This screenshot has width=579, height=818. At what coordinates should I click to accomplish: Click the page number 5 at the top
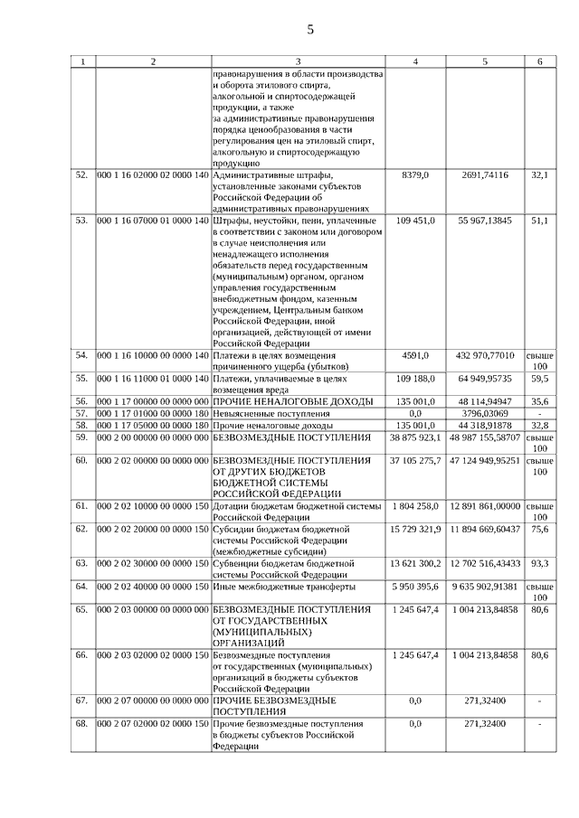pos(309,30)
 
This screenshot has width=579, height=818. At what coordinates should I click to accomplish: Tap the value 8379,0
pos(415,174)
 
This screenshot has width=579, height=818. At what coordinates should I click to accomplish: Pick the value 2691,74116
pos(485,174)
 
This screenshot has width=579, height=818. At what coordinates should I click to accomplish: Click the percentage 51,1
pos(540,221)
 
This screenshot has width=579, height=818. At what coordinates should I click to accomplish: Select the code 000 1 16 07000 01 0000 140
pos(152,221)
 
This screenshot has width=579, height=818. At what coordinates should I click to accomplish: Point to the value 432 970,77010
pos(485,356)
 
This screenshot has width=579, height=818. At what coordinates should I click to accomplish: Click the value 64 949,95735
pos(485,379)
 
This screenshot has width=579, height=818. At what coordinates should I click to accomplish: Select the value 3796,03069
pos(485,413)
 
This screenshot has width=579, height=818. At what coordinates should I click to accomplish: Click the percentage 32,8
pos(540,425)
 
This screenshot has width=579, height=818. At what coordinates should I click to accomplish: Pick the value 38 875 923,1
pos(415,437)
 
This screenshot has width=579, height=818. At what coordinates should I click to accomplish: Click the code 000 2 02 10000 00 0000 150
pos(152,507)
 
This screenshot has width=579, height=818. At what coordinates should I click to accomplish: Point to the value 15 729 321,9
pos(415,529)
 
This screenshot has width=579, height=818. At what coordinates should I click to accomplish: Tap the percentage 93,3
pos(540,563)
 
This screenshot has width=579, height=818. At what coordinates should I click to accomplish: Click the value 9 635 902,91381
pos(485,587)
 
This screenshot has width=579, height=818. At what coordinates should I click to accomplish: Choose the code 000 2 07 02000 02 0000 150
pos(152,724)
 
